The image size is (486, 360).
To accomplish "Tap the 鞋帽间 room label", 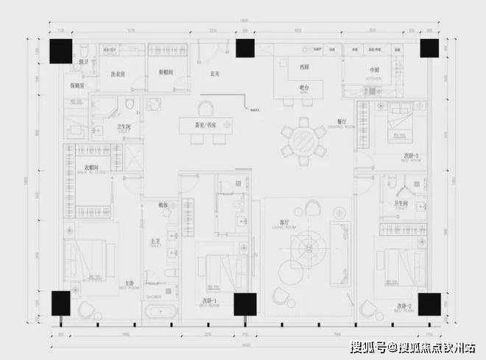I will (166, 74).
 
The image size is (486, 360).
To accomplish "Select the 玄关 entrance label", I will (216, 74).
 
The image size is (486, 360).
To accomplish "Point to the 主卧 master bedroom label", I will (130, 283).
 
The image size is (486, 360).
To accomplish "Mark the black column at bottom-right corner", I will (429, 303).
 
